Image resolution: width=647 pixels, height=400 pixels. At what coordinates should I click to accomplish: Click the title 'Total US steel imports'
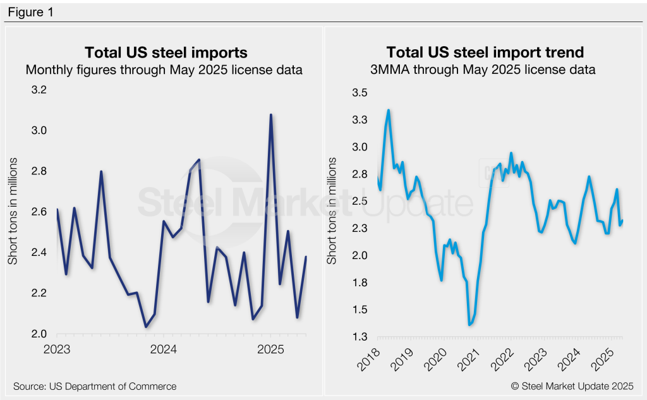(x=166, y=52)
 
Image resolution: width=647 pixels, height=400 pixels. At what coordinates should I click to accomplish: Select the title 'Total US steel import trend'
(x=485, y=52)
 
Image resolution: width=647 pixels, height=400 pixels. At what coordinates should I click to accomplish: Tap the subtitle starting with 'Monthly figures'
(x=164, y=70)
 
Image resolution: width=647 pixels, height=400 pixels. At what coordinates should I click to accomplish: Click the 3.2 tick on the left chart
(x=39, y=90)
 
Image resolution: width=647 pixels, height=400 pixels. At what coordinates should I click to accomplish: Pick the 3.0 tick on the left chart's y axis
(x=39, y=131)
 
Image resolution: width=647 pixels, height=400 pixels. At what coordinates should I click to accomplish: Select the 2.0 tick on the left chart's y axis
(x=39, y=334)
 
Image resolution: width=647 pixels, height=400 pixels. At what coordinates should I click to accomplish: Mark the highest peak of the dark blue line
(x=271, y=115)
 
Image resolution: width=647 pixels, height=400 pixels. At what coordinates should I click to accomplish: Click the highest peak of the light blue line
(x=389, y=110)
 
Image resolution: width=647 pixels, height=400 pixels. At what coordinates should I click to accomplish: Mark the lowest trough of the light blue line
(x=469, y=325)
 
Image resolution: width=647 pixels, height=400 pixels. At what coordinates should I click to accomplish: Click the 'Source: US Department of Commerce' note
(x=95, y=386)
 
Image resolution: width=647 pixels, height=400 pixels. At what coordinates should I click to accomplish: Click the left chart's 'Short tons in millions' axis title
(x=13, y=212)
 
